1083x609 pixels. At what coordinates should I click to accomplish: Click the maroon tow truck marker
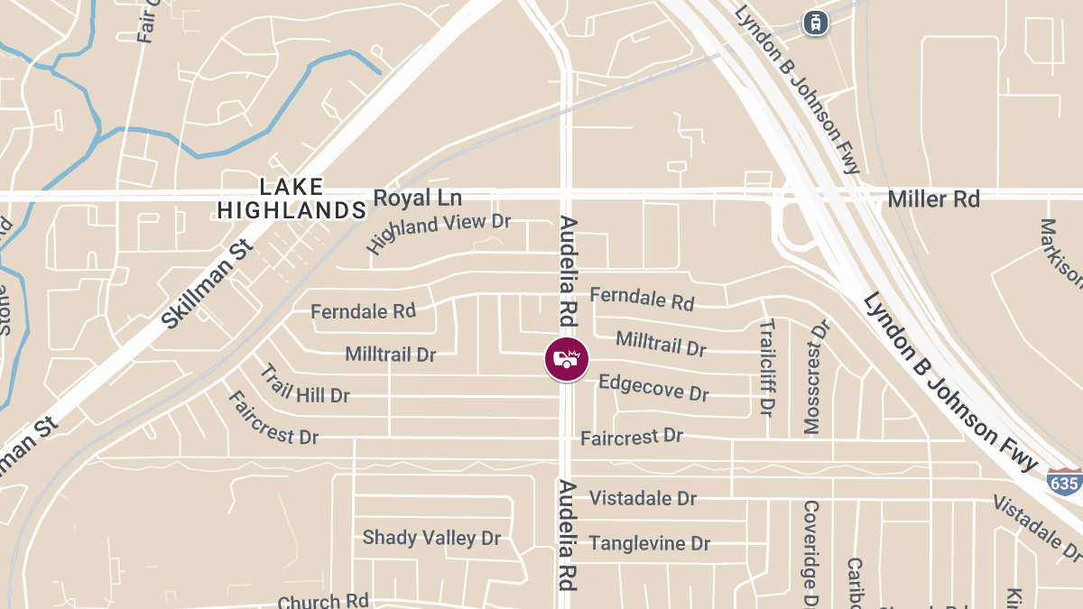566,358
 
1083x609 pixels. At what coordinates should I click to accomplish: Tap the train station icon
816,22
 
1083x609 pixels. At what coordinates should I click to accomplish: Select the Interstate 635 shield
1064,484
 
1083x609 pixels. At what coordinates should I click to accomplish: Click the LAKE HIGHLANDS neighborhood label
291,198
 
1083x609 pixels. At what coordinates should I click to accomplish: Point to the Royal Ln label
417,198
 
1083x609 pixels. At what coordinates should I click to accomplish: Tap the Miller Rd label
933,198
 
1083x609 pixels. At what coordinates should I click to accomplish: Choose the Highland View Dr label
439,233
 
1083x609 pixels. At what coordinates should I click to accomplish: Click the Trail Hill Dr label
304,384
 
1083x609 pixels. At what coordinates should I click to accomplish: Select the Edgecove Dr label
653,388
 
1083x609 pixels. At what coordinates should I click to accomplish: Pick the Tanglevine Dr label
649,543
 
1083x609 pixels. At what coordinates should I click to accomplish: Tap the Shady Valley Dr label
431,538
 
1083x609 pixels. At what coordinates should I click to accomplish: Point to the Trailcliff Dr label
767,366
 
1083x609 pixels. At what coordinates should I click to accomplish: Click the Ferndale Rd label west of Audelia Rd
363,311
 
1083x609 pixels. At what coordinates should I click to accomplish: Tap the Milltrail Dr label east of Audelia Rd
661,343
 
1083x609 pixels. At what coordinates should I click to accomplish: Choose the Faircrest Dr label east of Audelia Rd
631,438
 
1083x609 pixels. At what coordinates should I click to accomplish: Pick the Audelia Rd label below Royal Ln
568,271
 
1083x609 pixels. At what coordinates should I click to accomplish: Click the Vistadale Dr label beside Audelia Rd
643,498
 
